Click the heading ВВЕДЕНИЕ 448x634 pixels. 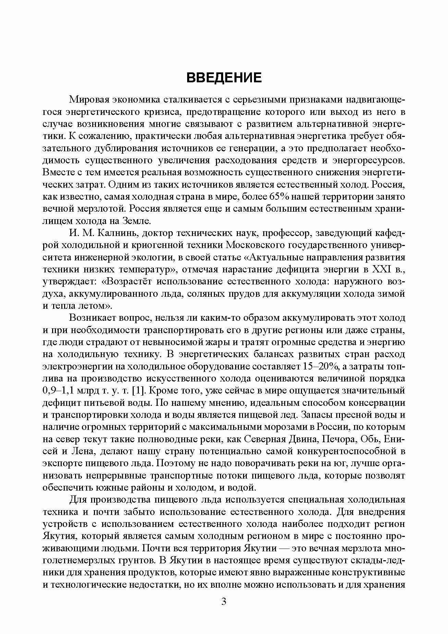tap(224, 78)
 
